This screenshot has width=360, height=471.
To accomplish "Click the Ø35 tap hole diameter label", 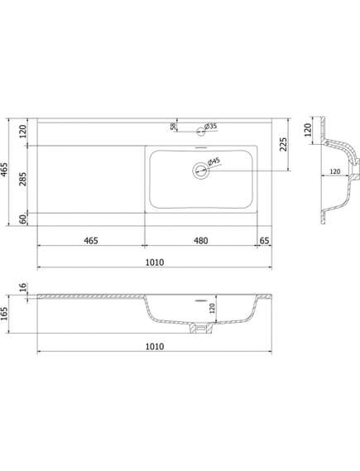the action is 211,126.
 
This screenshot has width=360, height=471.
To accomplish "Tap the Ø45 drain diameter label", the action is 214,162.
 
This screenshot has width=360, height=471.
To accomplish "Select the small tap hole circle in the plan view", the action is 200,132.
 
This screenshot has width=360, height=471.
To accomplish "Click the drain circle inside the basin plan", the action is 200,171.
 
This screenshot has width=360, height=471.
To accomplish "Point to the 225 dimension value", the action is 283,145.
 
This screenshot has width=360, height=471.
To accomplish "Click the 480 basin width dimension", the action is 200,241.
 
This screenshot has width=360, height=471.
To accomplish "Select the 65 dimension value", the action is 264,241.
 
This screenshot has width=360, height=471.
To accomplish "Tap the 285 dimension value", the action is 23,179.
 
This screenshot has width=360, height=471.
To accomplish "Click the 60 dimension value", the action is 23,219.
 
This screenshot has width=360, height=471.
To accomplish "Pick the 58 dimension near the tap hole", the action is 173,127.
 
